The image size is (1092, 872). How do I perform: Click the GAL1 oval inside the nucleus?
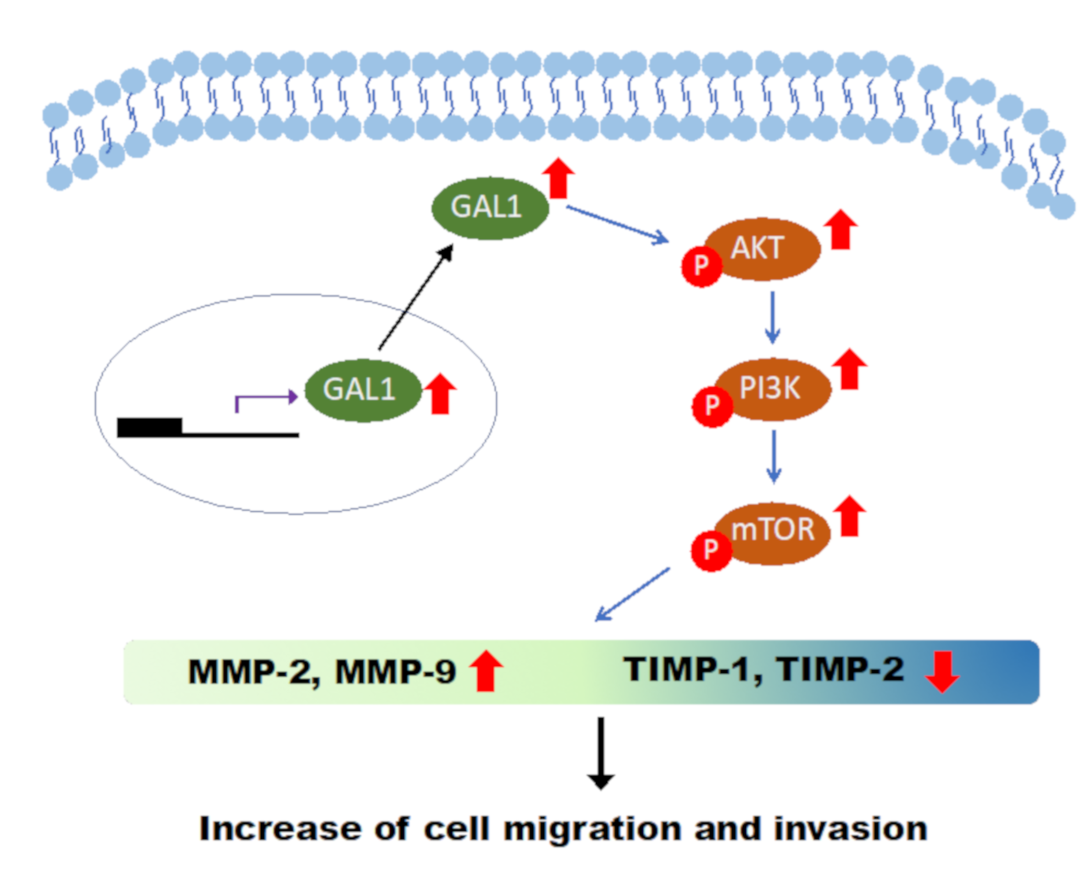[x=363, y=390]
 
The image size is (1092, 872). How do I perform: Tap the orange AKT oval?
[x=765, y=248]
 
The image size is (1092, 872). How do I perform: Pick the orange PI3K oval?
[x=775, y=389]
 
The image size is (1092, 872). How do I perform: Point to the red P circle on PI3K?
[x=712, y=406]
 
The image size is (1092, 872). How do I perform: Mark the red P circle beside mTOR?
[x=711, y=550]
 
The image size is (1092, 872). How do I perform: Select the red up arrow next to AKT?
[x=841, y=230]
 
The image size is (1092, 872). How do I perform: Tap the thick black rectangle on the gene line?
[x=149, y=427]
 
